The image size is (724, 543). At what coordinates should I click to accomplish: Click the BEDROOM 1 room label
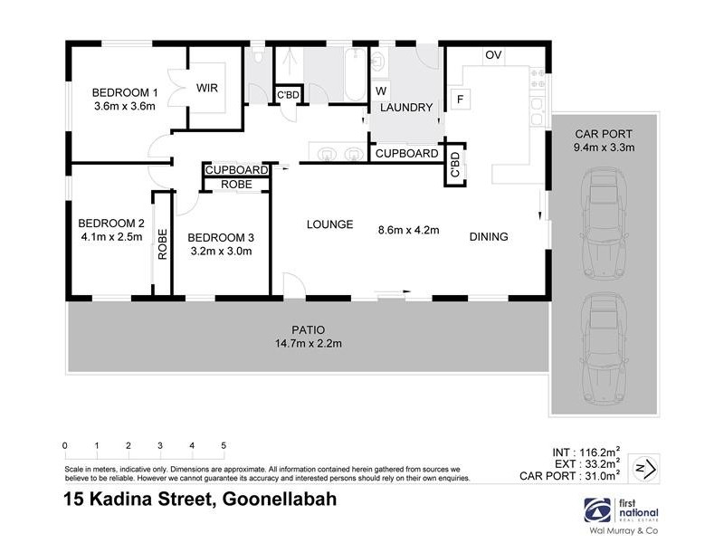coord(125,91)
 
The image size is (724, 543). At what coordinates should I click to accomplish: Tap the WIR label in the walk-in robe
coord(208,89)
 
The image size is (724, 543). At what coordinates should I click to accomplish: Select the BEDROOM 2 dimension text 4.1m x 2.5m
coord(111,239)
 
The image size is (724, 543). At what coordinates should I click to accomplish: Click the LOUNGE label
coord(329,224)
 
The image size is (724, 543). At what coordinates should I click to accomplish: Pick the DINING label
coord(489,237)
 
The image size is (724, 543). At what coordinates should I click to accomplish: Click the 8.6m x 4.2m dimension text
coord(408,230)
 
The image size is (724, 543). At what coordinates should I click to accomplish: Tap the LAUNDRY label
coord(406,108)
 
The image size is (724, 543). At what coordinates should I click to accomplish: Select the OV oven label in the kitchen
coord(492,56)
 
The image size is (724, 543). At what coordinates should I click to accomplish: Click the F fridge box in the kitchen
coord(460,99)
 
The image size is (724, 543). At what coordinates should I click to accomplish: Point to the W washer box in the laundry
coord(381,90)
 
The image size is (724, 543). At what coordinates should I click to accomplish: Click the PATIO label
coord(308,329)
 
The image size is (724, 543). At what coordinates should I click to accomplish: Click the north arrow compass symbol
coord(645,467)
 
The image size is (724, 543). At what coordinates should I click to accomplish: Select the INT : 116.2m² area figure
coord(586,450)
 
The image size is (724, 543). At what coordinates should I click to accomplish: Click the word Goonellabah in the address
coord(272,499)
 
